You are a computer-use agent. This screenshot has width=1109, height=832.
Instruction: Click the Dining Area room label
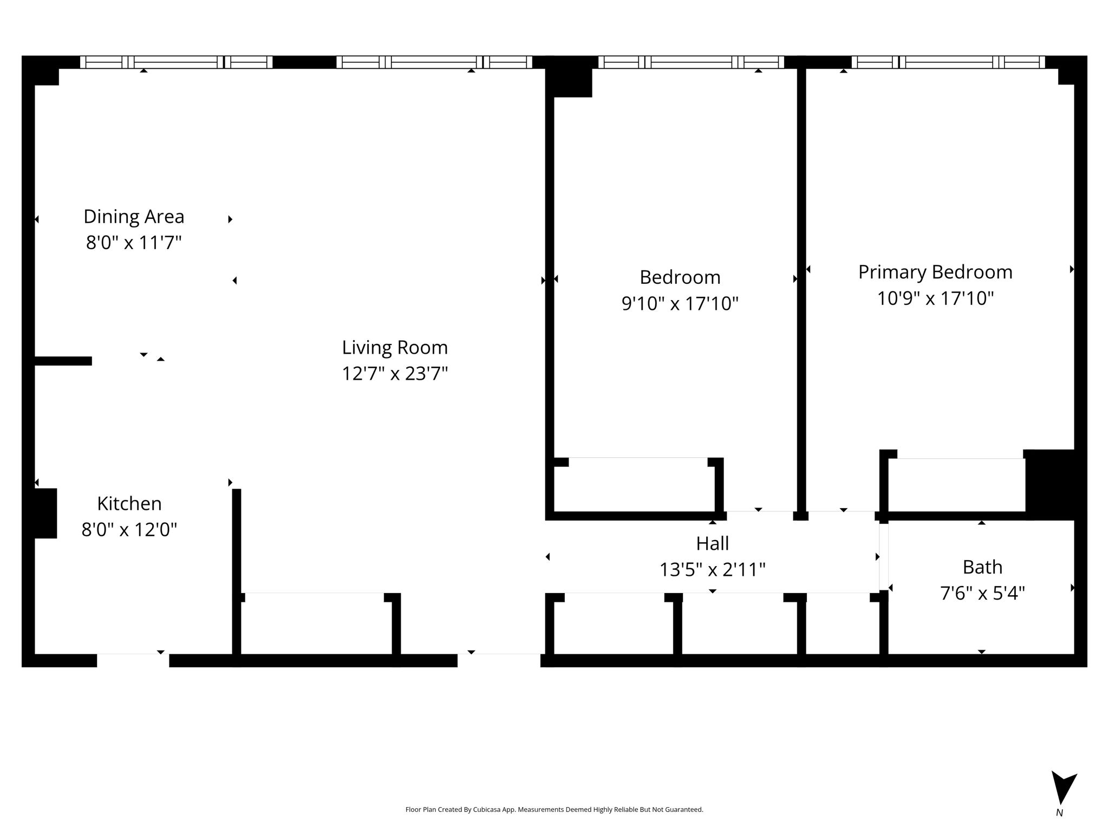pyautogui.click(x=134, y=217)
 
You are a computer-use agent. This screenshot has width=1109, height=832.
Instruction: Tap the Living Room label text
pyautogui.click(x=395, y=348)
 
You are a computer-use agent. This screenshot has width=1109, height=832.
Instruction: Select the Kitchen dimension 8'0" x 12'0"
pyautogui.click(x=129, y=529)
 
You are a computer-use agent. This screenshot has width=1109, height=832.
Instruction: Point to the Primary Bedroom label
pyautogui.click(x=935, y=272)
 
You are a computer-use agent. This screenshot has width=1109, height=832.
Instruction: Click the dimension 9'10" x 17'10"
pyautogui.click(x=680, y=303)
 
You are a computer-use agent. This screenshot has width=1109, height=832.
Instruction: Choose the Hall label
pyautogui.click(x=712, y=543)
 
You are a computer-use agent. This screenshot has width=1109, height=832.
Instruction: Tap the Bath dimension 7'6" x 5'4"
pyautogui.click(x=982, y=593)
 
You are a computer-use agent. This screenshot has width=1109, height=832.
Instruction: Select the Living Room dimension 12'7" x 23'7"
pyautogui.click(x=395, y=374)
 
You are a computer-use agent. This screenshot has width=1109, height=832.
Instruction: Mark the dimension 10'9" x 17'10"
pyautogui.click(x=935, y=298)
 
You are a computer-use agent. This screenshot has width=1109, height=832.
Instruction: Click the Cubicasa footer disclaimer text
pyautogui.click(x=554, y=810)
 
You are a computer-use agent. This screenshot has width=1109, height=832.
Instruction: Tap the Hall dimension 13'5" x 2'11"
pyautogui.click(x=712, y=570)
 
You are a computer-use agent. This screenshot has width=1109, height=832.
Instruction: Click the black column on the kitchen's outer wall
pyautogui.click(x=45, y=513)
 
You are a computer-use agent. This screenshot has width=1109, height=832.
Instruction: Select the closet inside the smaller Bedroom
pyautogui.click(x=638, y=485)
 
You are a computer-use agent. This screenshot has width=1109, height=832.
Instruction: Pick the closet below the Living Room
pyautogui.click(x=316, y=624)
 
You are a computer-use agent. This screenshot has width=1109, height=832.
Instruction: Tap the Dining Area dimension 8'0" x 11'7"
pyautogui.click(x=134, y=243)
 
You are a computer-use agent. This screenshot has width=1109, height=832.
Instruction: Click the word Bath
pyautogui.click(x=982, y=567)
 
